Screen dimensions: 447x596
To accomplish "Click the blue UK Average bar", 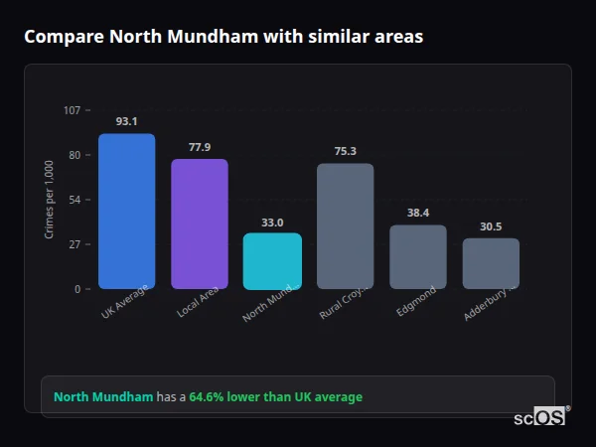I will tap(126, 212).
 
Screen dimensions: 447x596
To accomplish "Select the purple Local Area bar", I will tap(200, 223).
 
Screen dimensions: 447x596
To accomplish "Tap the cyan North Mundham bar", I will tap(272, 261).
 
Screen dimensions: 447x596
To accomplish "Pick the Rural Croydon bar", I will tap(345, 226).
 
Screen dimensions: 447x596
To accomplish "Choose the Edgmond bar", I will tap(418, 256).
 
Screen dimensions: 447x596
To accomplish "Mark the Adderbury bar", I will tap(491, 263).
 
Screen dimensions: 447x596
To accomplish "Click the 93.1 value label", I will tap(126, 121).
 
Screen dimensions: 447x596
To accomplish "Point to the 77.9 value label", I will tap(200, 147).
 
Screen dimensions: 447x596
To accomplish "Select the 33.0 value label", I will tap(272, 223).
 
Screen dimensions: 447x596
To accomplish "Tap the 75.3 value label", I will tap(345, 151).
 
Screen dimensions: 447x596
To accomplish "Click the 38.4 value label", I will tap(418, 213).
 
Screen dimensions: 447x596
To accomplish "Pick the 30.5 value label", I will tap(491, 226).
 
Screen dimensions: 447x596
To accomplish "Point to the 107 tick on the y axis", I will tap(72, 109).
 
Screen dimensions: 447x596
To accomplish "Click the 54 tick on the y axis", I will tap(74, 200).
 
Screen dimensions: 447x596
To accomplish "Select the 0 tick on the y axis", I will tap(76, 289).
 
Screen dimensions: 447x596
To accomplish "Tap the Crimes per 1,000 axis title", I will tap(50, 199).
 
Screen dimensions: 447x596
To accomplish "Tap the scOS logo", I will tap(539, 417).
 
